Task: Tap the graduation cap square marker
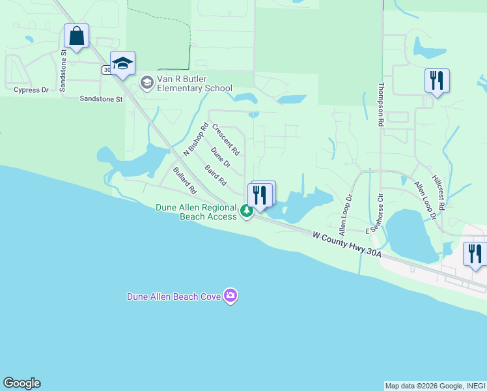coord(122,63)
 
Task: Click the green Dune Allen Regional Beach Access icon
coord(246,210)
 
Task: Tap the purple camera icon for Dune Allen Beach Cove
coord(230,297)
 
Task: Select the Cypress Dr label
coord(31,90)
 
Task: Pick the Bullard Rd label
coord(185,181)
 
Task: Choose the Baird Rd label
coord(216,174)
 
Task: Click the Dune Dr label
coord(221,157)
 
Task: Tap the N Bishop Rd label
coord(195,139)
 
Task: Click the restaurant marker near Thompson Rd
coord(436,81)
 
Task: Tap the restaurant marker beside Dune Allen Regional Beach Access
coord(260,194)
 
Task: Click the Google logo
coord(21,383)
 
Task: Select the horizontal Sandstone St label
coord(101,99)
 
